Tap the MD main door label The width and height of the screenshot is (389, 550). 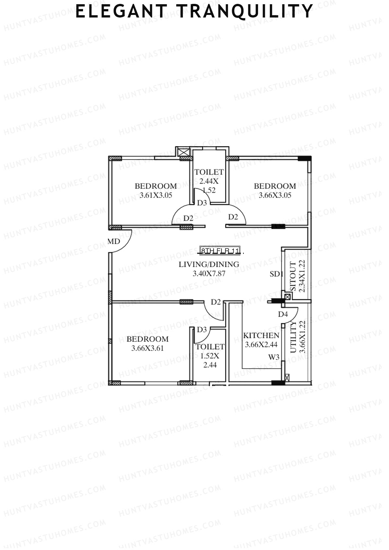click(114, 241)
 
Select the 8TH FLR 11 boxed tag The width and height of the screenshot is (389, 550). click(220, 251)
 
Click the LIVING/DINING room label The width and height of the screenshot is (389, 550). click(209, 264)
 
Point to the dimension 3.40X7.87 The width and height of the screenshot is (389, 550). click(209, 274)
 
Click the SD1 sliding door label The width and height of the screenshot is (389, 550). click(277, 274)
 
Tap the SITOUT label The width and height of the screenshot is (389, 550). click(293, 276)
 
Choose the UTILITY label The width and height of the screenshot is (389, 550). click(293, 337)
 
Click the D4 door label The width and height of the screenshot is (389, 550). click(283, 314)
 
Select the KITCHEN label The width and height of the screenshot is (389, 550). click(261, 335)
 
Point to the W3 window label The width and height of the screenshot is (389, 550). click(274, 357)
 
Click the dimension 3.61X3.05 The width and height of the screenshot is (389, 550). click(156, 195)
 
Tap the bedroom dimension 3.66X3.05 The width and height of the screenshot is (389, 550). click(275, 195)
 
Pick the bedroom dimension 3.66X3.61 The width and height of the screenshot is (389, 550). click(147, 348)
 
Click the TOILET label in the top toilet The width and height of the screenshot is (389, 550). click(209, 172)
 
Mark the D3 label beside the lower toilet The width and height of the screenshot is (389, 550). click(202, 330)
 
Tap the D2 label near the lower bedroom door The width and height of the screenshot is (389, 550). click(216, 302)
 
